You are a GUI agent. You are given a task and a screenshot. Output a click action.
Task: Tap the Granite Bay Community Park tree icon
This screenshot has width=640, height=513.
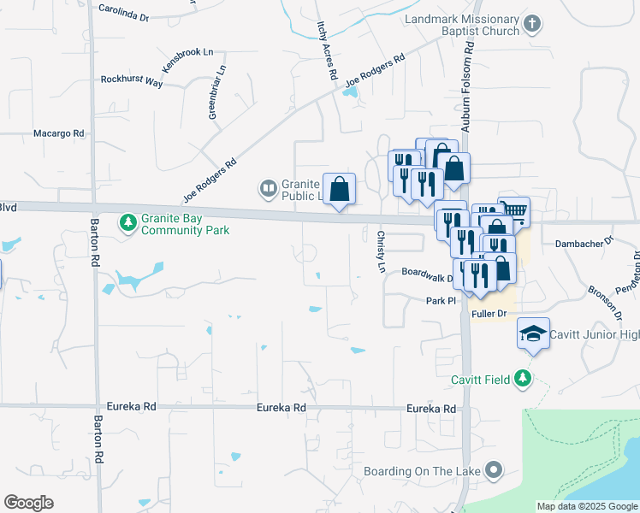pos(128,223)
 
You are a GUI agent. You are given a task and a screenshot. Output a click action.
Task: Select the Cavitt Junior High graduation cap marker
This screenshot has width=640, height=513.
pos(533,333)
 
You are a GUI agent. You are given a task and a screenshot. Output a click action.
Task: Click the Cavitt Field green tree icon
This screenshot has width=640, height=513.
pos(522,379)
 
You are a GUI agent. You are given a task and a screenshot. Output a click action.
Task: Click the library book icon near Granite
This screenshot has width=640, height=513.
pos(268,187)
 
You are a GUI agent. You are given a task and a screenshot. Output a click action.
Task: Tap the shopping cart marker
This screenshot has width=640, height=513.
pos(513,210)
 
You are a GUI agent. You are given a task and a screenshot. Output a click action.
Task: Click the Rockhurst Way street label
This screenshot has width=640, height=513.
pos(131,81)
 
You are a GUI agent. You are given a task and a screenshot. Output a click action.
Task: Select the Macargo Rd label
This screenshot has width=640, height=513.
pos(58,133)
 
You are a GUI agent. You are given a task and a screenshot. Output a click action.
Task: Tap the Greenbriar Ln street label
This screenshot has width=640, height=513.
pos(217,91)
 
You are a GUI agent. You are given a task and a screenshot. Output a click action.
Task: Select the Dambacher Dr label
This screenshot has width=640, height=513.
pos(584,243)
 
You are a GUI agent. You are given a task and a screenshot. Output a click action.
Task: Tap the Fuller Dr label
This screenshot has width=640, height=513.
pos(489,314)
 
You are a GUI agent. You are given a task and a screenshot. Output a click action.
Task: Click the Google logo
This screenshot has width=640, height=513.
pos(28,503)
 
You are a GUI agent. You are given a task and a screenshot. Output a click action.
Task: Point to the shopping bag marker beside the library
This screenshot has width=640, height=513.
pos(340,188)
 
